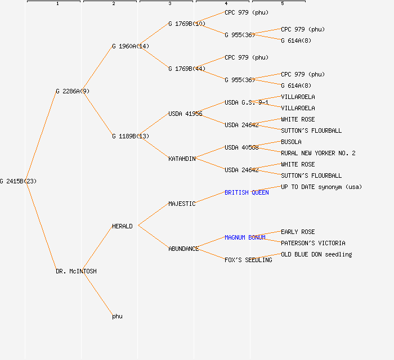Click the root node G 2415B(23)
coord(18,181)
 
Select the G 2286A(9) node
coord(72,91)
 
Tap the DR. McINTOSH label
coord(76,271)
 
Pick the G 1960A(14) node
coord(131,46)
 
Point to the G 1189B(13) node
coord(131,136)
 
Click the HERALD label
coord(122,226)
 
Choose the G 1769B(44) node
coord(187,69)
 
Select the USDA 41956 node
coord(185,114)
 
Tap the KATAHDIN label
coord(182,159)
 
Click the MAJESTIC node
coord(182,204)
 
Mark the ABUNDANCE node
coord(183,249)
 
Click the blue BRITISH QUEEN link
coord(247,192)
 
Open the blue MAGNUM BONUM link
coord(245,237)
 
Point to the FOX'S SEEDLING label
coord(248,260)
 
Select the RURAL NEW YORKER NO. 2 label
coord(318,153)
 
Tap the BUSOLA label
coord(291,142)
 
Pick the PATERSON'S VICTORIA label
coord(313,243)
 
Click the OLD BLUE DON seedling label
coord(316,254)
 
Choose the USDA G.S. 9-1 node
coord(247,102)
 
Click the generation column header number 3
coord(169,4)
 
